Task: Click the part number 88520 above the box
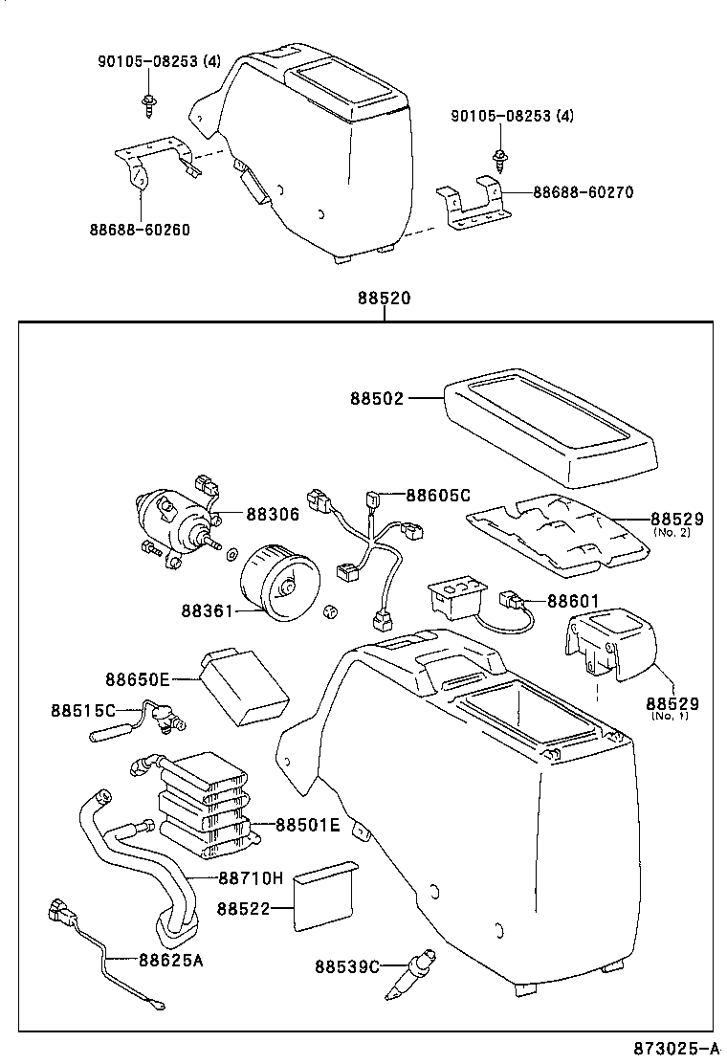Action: tap(384, 299)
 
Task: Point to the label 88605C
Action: tap(438, 495)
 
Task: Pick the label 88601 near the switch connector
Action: tap(573, 601)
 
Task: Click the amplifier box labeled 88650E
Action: tap(243, 686)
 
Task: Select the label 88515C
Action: tap(83, 710)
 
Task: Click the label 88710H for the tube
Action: tap(251, 877)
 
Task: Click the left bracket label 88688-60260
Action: tap(140, 230)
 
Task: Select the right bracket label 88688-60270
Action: tap(583, 192)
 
